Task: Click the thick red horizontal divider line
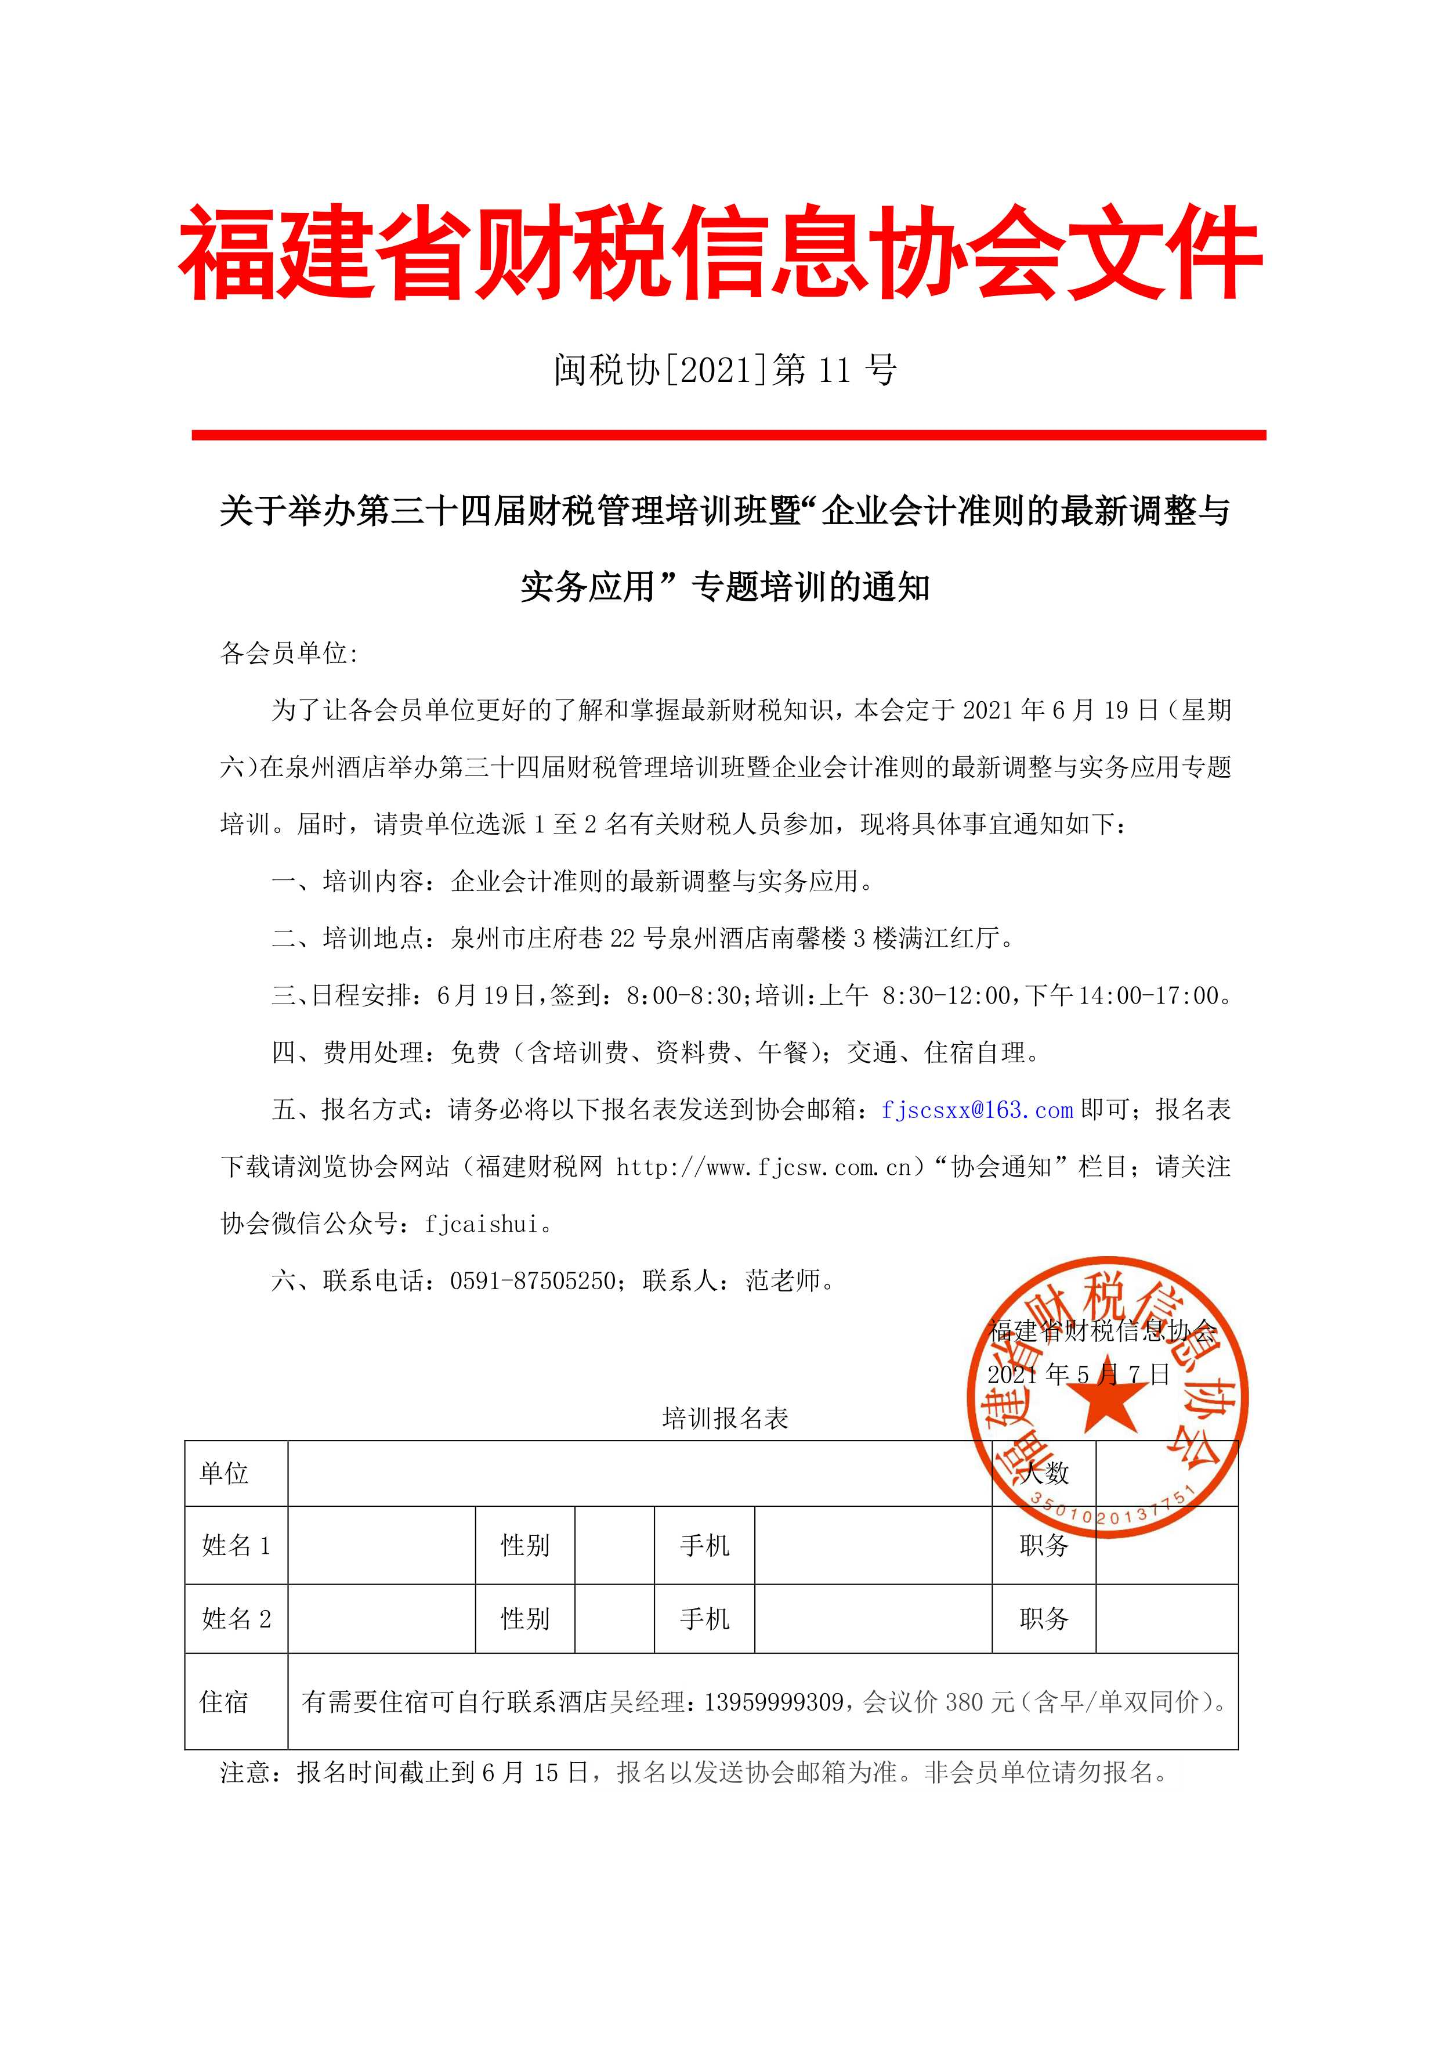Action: tap(729, 435)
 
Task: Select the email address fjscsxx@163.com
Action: tap(976, 1110)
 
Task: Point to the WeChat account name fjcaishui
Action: tap(482, 1224)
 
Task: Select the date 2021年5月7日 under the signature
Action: tap(1078, 1374)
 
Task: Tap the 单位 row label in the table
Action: tap(225, 1473)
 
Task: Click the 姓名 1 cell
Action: tap(236, 1545)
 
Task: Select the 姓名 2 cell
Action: tap(236, 1618)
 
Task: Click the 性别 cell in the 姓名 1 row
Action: tap(525, 1545)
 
